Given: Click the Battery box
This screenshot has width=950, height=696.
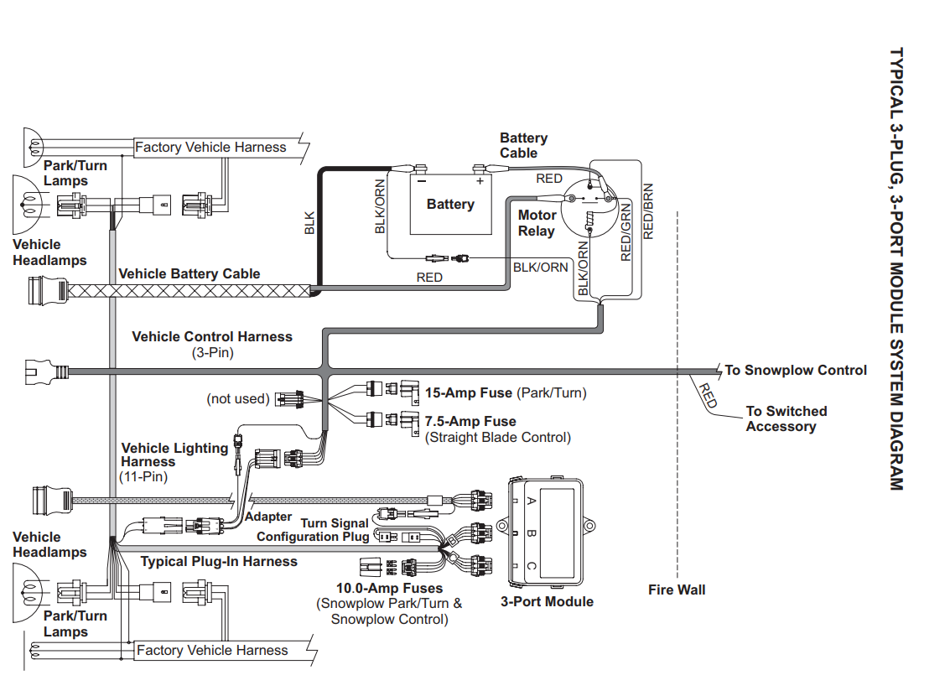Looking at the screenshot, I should (x=450, y=204).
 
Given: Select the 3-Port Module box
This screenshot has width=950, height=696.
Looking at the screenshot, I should (x=547, y=532).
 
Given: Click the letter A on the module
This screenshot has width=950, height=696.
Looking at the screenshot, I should (x=531, y=502).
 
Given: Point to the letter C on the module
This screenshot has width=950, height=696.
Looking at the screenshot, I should (x=531, y=566).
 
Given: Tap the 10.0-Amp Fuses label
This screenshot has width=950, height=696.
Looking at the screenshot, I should (x=389, y=588).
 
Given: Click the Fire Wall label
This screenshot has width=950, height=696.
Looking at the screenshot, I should (x=677, y=590).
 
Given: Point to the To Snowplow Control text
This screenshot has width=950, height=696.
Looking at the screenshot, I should (x=795, y=370).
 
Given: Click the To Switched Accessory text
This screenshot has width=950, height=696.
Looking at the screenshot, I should (x=786, y=418).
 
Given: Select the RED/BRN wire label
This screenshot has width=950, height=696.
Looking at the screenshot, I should (x=648, y=212).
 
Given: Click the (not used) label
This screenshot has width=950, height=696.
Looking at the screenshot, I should (x=238, y=399).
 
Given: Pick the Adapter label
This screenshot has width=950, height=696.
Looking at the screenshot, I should (x=268, y=517).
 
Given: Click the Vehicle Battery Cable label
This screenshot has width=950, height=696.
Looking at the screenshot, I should (x=189, y=273).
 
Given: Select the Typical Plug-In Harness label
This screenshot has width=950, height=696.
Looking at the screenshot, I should (x=219, y=561).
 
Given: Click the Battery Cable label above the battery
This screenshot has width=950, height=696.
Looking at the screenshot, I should (x=523, y=145).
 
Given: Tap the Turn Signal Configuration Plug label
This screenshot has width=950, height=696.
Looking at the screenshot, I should (x=313, y=530).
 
